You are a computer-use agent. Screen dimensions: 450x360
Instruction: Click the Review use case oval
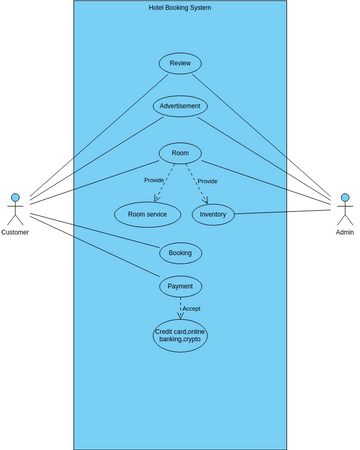(180, 63)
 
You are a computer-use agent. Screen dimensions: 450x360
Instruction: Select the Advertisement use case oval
(180, 106)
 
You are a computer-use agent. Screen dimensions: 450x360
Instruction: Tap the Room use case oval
(180, 153)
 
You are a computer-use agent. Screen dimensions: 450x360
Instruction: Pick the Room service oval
(147, 214)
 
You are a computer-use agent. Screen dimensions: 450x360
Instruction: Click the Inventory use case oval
(213, 214)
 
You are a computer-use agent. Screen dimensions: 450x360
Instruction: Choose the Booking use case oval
(180, 253)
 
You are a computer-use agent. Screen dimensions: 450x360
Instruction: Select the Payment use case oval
(180, 286)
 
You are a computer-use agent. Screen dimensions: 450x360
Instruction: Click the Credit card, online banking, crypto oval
(180, 335)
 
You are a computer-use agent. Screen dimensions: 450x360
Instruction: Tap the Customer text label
(15, 232)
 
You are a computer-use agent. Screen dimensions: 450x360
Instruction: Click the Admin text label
(345, 232)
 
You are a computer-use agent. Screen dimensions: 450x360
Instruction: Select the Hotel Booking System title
(180, 7)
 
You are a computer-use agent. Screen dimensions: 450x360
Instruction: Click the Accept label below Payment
(191, 308)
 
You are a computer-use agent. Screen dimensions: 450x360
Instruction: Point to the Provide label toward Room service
(154, 180)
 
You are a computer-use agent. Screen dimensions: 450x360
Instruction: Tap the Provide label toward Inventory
(207, 181)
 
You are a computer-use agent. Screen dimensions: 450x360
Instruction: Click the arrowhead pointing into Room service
(157, 199)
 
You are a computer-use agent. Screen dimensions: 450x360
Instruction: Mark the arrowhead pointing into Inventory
(205, 200)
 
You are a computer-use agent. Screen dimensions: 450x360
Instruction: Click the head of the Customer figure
(15, 197)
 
